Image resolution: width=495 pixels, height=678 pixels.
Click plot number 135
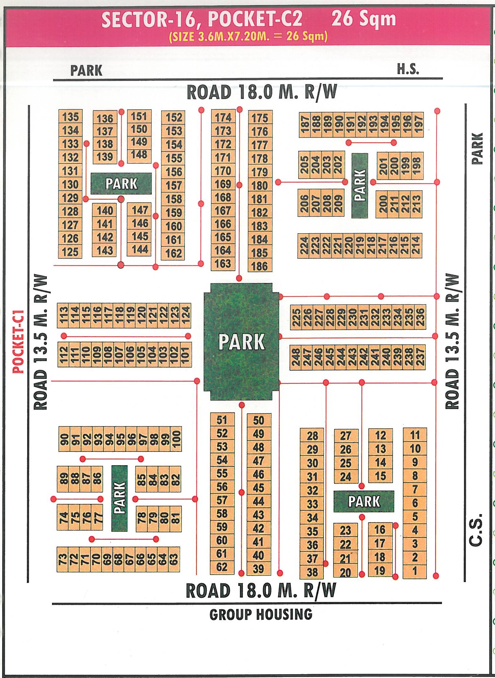70,117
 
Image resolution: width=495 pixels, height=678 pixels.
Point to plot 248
296,357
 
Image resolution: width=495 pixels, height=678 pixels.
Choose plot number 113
64,316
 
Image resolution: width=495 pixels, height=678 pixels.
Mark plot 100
176,439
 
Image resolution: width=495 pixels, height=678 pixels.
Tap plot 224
304,245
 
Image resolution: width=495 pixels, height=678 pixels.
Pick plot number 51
222,420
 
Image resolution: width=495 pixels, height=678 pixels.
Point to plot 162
174,253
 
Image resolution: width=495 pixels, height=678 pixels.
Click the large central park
241,341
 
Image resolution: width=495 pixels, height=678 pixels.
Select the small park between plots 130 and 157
121,183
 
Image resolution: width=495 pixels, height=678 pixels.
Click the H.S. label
408,69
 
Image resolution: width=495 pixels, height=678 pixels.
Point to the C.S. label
476,529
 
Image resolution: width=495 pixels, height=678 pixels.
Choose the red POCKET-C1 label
18,341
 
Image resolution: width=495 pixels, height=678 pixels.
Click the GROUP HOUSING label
261,614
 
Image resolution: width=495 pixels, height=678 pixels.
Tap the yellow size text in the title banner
248,36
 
